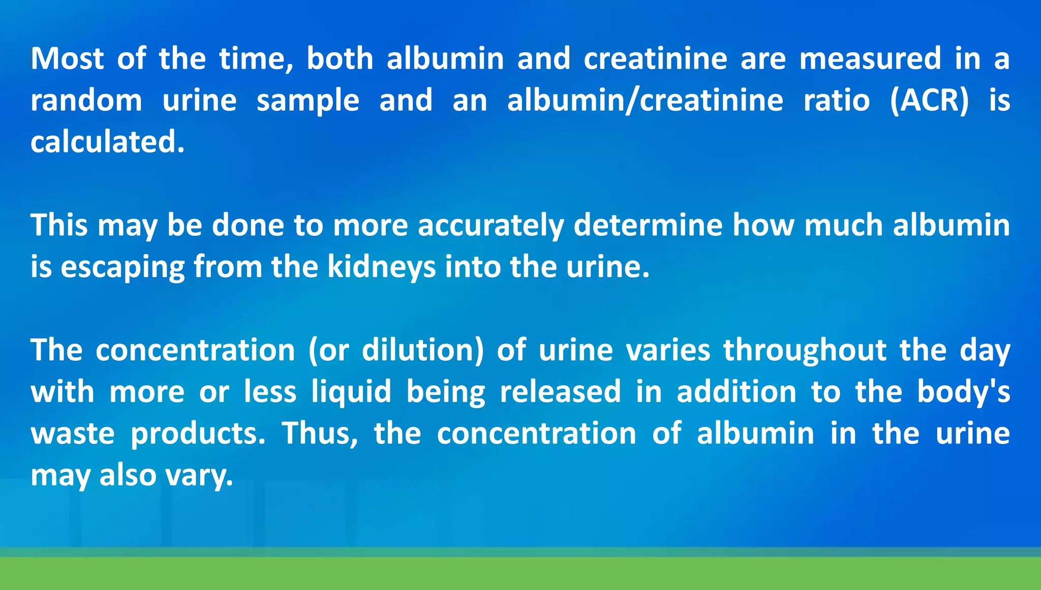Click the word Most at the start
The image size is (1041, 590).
[67, 58]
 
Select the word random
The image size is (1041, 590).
[86, 100]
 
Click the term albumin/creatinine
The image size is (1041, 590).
[645, 100]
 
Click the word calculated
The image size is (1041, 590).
[107, 142]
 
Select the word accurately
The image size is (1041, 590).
[491, 226]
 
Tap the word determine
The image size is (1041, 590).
[648, 225]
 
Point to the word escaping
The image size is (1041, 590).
[122, 267]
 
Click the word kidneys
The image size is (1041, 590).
[381, 267]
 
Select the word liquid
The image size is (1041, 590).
[351, 392]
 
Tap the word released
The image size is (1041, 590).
[560, 392]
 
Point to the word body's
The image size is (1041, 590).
[963, 392]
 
